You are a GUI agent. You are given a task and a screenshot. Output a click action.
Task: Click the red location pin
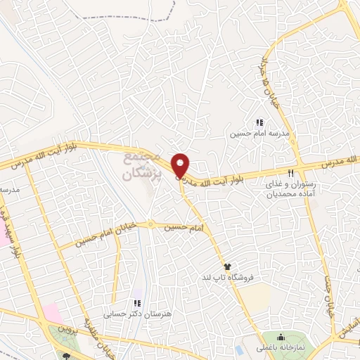[x=181, y=166]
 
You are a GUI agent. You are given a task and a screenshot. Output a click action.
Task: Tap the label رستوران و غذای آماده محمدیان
[x=290, y=186]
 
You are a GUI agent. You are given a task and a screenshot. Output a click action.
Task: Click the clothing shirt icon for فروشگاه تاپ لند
[x=228, y=266]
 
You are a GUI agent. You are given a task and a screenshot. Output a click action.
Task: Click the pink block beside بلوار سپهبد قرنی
[x=4, y=235]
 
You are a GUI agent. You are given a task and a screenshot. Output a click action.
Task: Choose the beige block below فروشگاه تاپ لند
[x=257, y=296]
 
